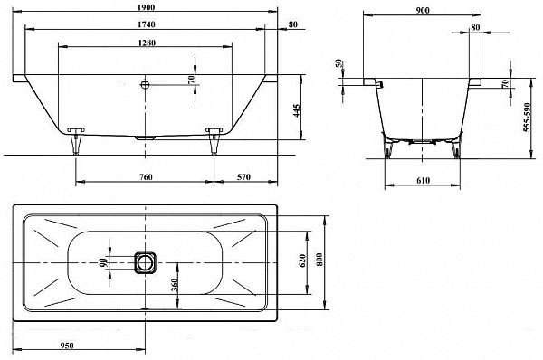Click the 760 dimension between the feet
145,175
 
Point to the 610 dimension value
423,182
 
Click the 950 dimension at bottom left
81,345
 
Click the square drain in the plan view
145,262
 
